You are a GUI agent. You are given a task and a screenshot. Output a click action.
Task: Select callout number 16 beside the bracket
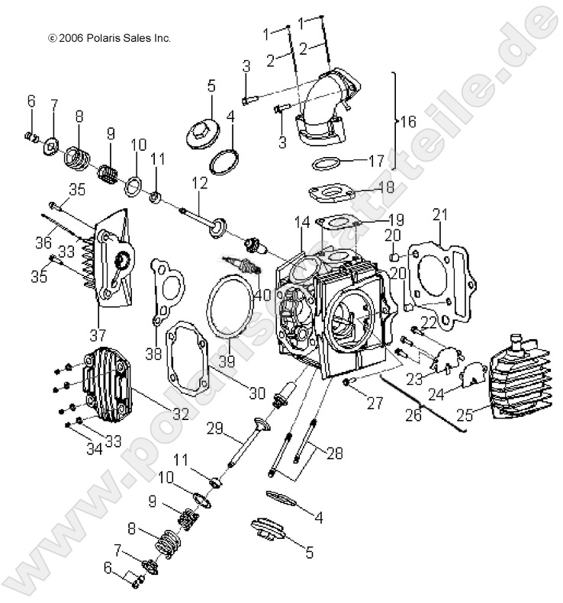(x=408, y=122)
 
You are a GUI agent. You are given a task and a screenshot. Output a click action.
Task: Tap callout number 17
(x=376, y=161)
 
